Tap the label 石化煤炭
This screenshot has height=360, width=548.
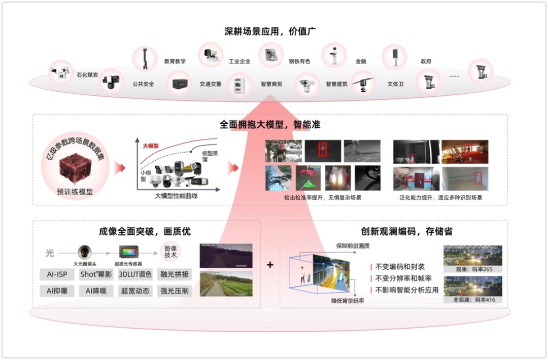pos(87,75)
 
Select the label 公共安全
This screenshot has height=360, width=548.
pos(143,84)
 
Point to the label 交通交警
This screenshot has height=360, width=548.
pos(210,84)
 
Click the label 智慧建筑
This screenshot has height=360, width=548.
pos(336,84)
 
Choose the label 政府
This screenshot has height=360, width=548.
pos(426,61)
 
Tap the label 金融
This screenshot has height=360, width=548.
pos(360,61)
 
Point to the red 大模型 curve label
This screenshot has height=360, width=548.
pos(151,146)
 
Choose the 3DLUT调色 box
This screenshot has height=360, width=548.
pos(135,274)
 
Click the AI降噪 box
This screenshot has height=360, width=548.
pos(96,291)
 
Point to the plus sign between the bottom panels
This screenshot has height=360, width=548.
pos(270,265)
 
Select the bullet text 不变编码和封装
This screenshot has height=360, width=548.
pos(400,267)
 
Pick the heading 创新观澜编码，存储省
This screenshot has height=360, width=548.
pos(406,232)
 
